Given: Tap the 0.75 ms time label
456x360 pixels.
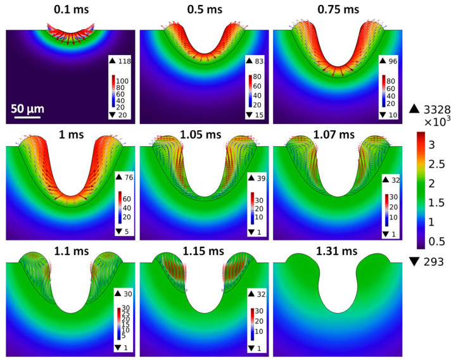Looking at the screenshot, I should tap(336, 11).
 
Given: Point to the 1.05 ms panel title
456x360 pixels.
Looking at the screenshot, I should tap(202, 135).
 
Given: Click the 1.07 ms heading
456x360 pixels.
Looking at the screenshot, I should tap(336, 135).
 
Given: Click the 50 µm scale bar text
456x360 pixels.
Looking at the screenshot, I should tap(28, 108).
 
